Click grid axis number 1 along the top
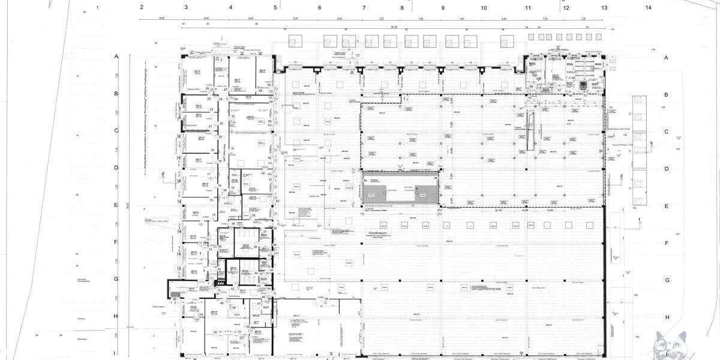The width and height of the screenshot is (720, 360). (x=97, y=8)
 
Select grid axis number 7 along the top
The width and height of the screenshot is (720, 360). (x=364, y=8)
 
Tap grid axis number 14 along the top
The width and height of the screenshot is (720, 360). (x=649, y=8)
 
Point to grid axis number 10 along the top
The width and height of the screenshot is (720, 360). (x=484, y=8)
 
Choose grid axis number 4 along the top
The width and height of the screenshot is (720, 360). (x=230, y=8)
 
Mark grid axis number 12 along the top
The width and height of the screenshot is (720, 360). (x=565, y=8)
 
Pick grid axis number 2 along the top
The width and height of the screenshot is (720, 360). (x=142, y=8)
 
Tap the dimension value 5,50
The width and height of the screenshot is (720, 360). (x=550, y=211)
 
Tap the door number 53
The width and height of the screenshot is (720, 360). (x=202, y=314)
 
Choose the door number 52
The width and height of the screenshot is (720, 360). (x=215, y=332)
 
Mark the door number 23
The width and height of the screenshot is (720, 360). (x=212, y=109)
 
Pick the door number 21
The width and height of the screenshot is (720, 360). (x=210, y=127)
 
